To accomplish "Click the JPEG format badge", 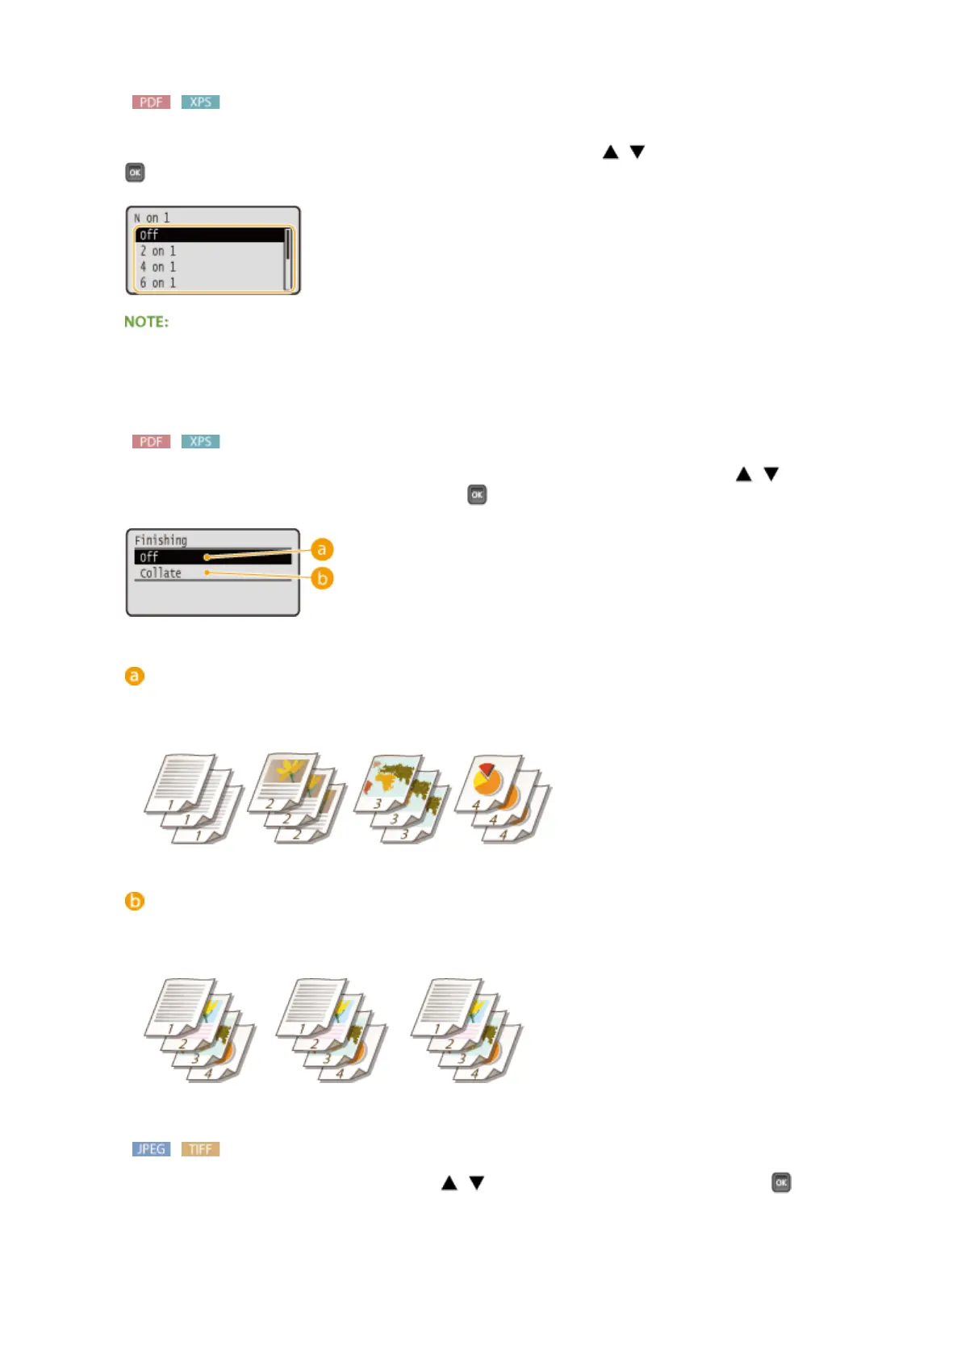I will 151,1148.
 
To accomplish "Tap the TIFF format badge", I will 200,1148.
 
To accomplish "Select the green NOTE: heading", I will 146,322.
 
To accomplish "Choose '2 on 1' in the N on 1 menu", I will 158,251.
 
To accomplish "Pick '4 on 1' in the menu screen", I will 158,267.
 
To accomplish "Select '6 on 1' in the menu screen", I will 158,283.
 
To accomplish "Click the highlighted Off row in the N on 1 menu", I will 208,235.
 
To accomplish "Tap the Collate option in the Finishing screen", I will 161,573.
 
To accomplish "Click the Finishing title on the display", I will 161,540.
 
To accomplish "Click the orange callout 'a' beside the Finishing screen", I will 322,549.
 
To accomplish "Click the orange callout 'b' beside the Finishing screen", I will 322,578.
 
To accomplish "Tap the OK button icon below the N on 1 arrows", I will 135,173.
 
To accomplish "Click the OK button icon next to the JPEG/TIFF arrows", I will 781,1182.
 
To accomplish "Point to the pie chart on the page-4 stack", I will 487,778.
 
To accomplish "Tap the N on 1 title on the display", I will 152,218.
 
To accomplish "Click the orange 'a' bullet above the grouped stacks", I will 135,676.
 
